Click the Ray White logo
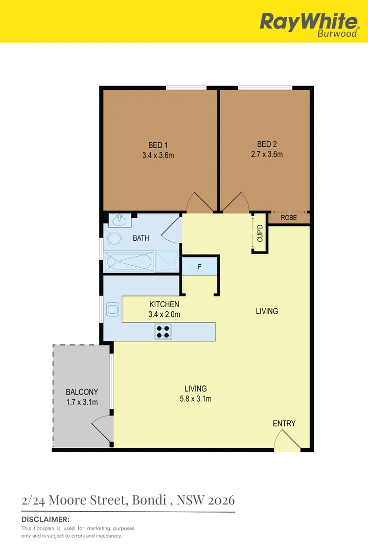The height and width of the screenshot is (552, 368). coord(309,24)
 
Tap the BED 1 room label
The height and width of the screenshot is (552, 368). coord(158,145)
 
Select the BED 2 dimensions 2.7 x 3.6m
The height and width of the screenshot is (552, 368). coord(267,154)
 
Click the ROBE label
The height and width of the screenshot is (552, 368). coord(289,217)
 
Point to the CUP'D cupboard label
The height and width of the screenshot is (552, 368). coord(260,234)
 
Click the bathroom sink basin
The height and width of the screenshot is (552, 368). coord(120,220)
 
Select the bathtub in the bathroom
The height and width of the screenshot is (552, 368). coord(129,262)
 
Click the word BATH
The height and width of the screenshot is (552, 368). coord(141,238)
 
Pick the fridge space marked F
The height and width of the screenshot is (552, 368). coord(199,267)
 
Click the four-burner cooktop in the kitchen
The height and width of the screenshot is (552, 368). coord(163,332)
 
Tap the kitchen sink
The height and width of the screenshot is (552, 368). coord(112,309)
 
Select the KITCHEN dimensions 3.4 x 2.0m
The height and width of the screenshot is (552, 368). coord(164,315)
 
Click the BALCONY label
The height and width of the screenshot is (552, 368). coord(82,392)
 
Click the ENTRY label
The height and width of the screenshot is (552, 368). coord(284,423)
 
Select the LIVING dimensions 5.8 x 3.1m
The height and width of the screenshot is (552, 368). coord(196,399)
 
